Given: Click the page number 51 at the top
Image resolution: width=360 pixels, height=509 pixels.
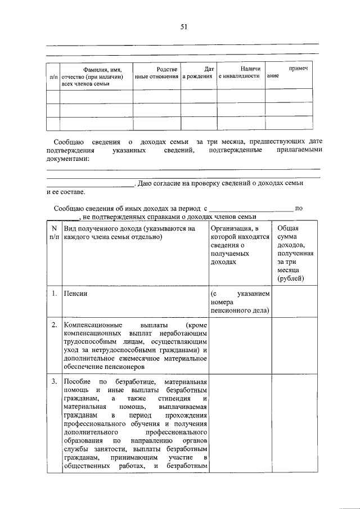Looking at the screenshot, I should [x=183, y=26].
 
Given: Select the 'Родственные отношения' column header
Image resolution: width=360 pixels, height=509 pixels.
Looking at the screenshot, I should [x=156, y=72].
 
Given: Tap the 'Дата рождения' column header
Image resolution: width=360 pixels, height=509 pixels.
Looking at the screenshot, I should [x=198, y=72].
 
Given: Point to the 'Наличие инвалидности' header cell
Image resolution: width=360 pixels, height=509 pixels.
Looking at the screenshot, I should [x=240, y=72].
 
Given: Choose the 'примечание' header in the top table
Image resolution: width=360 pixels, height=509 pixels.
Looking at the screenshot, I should [x=288, y=72].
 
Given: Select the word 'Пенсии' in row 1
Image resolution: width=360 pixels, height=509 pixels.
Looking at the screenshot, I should [x=75, y=293].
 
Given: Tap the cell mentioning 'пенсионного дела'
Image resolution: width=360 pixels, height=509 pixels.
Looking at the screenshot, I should [x=240, y=301].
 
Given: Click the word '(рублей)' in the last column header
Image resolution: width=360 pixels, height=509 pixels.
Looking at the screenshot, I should [x=291, y=278].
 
